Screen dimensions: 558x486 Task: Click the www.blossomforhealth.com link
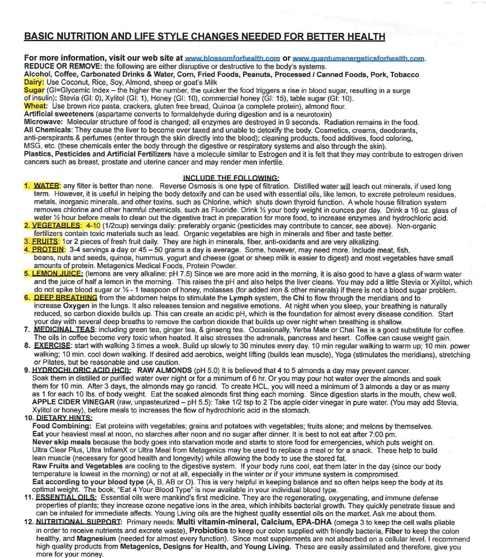232,58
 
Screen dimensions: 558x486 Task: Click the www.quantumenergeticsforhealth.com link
358,58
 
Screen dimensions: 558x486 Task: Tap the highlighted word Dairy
34,82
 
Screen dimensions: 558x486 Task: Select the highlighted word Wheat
35,106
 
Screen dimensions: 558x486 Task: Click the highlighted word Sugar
34,90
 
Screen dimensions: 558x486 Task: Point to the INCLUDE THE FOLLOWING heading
231,178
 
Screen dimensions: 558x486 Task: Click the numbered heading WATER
46,186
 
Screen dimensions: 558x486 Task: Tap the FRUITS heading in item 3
46,242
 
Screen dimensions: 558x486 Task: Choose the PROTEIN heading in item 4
48,249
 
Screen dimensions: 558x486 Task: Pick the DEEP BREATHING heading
65,298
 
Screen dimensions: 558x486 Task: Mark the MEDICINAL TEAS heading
64,330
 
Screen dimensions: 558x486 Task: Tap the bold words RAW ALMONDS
165,370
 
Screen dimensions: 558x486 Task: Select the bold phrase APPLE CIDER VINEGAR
73,402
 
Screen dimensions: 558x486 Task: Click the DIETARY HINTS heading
64,418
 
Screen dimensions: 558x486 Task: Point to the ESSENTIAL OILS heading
66,497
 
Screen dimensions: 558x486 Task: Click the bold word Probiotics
209,531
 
